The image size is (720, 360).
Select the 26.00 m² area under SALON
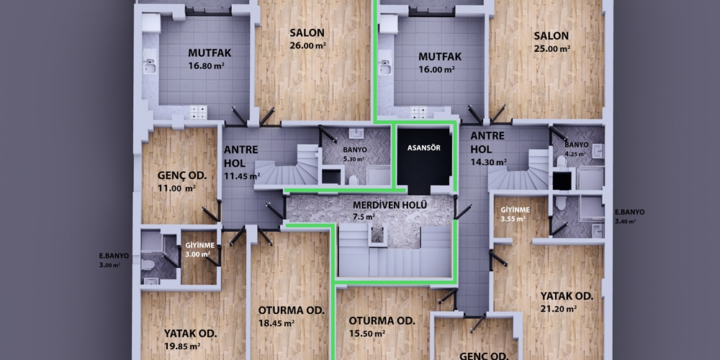tap(307, 45)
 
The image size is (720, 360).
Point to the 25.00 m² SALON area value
tap(552, 48)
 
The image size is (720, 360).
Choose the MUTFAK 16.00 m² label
tap(440, 63)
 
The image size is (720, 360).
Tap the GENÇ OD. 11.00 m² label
tap(182, 182)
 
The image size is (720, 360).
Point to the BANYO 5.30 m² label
tap(354, 154)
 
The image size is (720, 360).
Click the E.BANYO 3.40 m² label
tap(629, 216)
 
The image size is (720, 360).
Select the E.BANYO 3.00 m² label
tap(114, 261)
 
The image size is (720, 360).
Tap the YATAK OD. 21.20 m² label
tap(567, 302)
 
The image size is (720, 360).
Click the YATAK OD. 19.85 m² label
tap(190, 340)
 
